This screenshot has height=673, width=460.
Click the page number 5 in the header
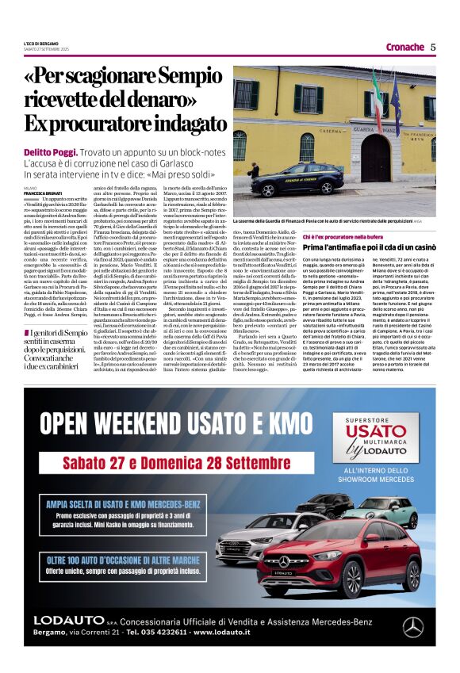[433, 47]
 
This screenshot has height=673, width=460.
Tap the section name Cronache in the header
[404, 47]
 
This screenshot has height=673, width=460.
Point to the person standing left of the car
[255, 170]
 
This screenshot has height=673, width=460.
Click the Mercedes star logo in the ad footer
[412, 625]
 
